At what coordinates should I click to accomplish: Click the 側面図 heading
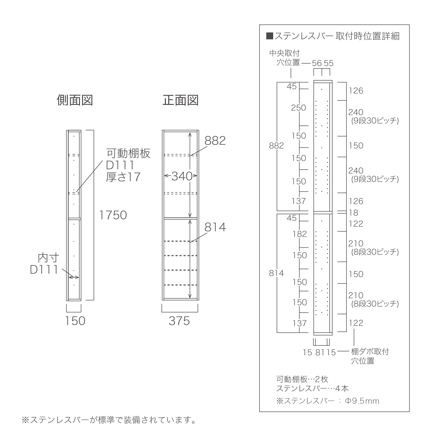75,100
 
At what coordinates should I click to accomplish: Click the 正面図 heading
181,100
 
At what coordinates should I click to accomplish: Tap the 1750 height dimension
113,215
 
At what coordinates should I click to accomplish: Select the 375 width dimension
179,321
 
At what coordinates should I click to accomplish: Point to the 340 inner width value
182,176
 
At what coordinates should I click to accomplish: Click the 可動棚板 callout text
128,154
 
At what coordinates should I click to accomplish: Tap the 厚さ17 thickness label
123,177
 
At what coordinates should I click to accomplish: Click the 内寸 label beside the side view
48,258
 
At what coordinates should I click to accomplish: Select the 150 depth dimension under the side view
75,321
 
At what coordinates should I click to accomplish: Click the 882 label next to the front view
215,140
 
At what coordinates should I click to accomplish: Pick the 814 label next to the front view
215,227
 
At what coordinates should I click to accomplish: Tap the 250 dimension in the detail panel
298,108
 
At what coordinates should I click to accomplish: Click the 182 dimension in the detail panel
299,234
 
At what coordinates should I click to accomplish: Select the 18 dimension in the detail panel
354,213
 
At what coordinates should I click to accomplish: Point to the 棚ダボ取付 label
370,352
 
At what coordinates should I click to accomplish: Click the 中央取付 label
284,53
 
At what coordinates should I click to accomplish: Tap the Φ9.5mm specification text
362,401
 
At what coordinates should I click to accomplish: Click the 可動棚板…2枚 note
302,379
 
